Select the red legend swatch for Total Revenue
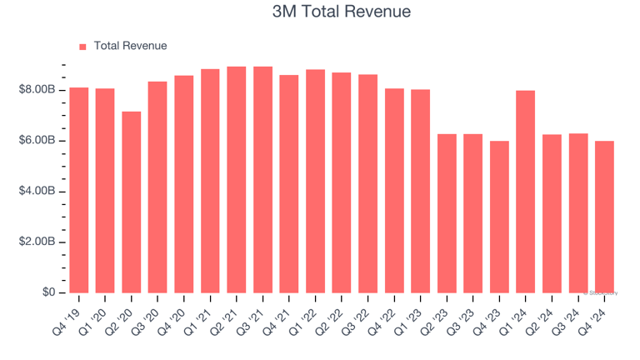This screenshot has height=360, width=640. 82,47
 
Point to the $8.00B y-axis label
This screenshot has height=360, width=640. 37,89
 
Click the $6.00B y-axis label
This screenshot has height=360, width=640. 37,140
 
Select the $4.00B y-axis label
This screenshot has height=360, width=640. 37,191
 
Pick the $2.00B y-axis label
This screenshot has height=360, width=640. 37,242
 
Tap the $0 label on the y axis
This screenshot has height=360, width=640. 47,292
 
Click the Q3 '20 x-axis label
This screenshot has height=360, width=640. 148,317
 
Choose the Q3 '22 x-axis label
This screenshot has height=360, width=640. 358,317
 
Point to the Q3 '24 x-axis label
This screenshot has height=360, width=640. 568,317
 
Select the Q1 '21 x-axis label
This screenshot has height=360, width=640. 201,317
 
